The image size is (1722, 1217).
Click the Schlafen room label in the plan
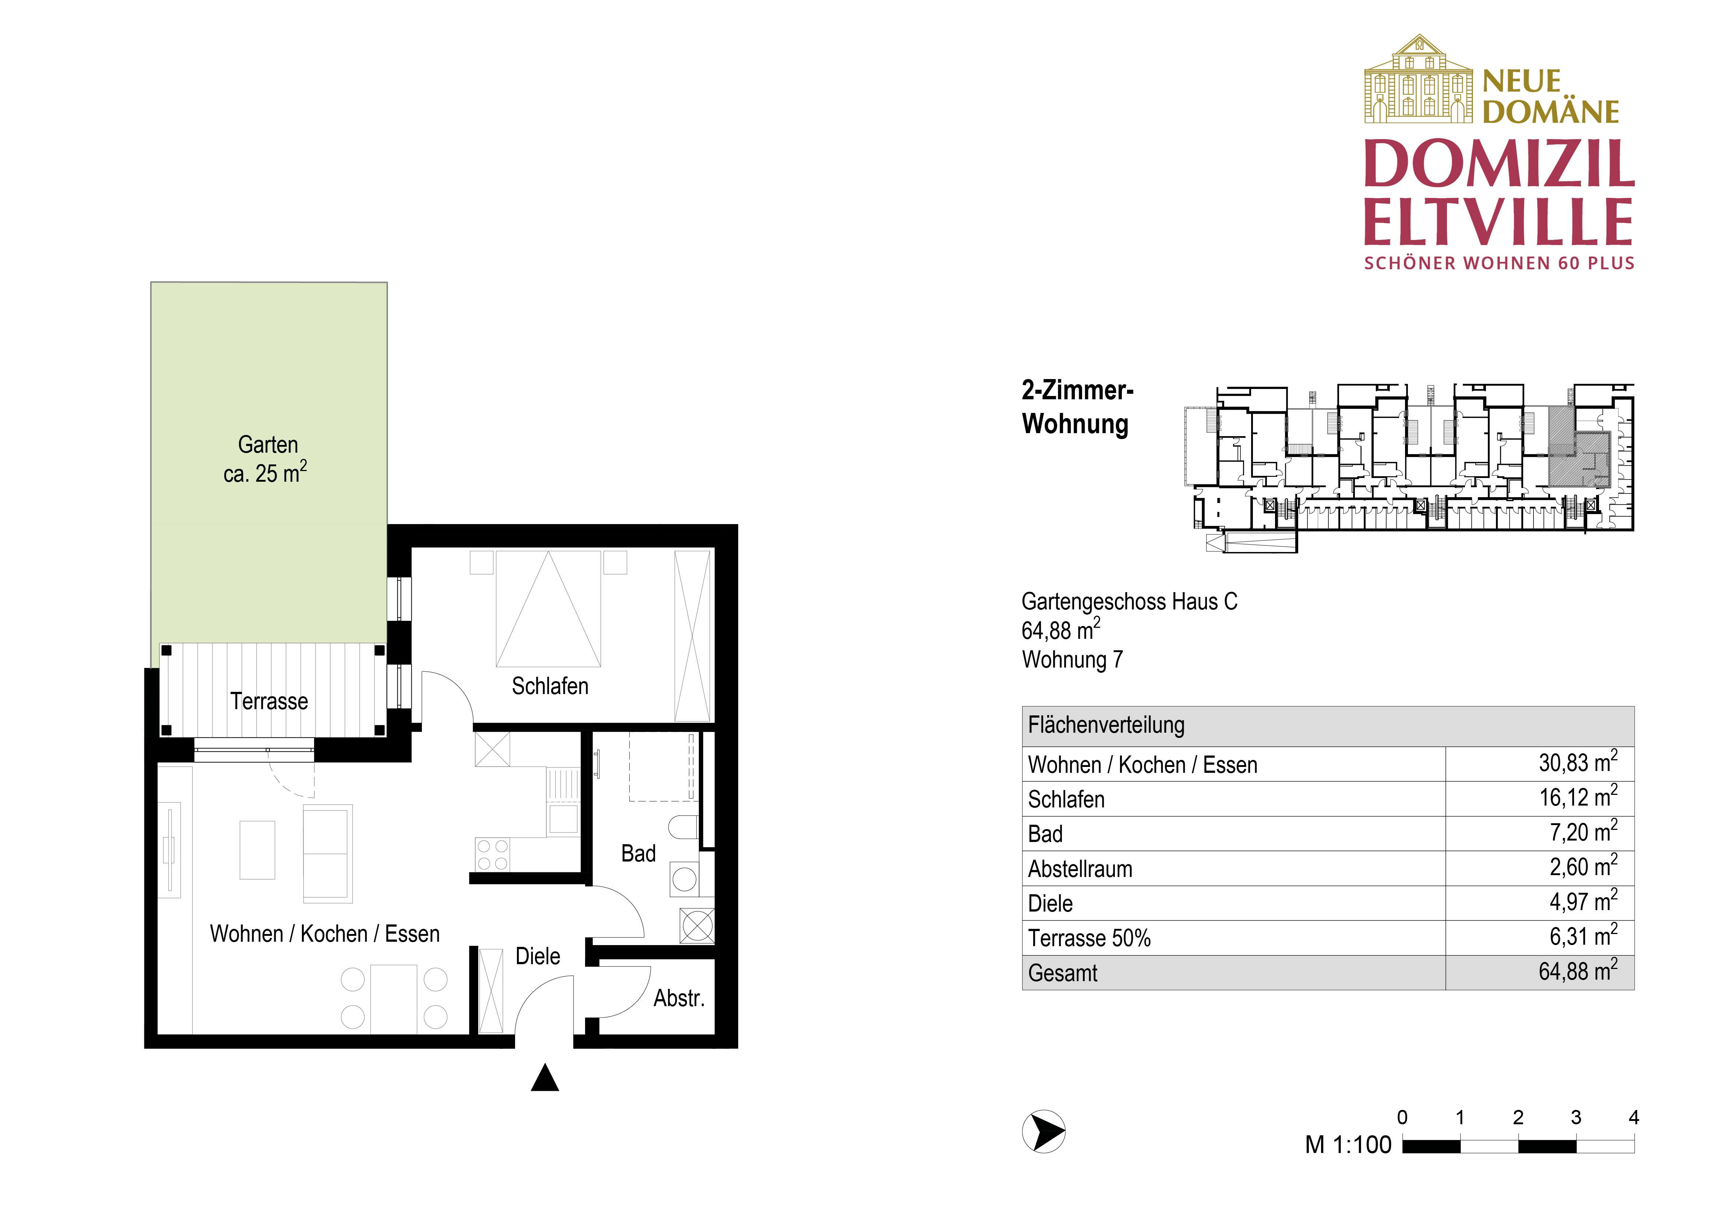tap(550, 686)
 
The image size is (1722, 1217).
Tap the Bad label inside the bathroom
tap(638, 853)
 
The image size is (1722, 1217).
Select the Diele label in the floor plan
tap(538, 956)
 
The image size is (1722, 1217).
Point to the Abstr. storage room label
tap(679, 998)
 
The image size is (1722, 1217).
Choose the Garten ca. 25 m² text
tap(267, 459)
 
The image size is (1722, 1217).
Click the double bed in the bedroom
tap(548, 609)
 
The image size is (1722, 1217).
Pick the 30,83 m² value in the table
tap(1577, 763)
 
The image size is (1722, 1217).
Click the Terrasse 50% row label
tap(1089, 938)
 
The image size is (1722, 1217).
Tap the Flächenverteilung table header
tap(1106, 725)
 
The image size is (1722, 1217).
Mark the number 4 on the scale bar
tap(1634, 1117)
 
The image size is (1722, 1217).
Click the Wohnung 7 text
tap(1073, 660)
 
